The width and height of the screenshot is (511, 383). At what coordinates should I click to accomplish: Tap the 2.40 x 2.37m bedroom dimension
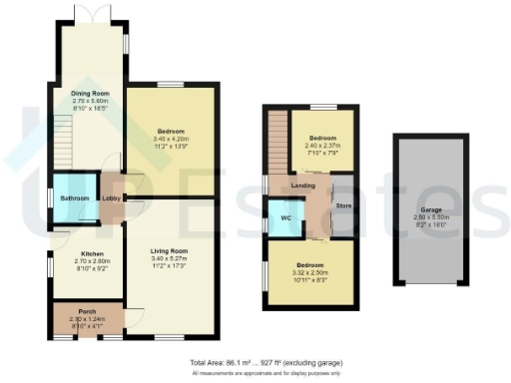(x=321, y=145)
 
